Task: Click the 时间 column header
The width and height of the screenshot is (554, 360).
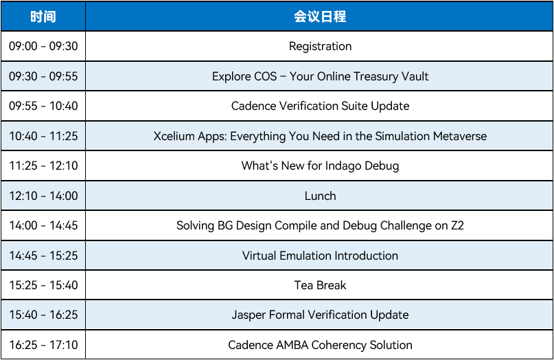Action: coord(43,16)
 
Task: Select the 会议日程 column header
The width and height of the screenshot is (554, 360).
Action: coord(320,16)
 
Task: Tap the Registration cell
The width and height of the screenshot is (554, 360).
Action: coord(320,46)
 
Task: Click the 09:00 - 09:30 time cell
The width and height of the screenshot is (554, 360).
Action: coord(43,46)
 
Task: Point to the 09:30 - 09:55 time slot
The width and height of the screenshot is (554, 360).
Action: coord(43,76)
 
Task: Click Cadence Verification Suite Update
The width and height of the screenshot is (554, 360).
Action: coord(320,106)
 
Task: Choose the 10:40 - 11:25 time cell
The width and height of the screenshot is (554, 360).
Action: coord(43,136)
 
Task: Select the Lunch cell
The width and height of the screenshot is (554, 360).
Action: coord(320,196)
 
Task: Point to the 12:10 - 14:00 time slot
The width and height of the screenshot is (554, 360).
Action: coord(43,196)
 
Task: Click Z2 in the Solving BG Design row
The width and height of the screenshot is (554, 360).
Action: coord(457,225)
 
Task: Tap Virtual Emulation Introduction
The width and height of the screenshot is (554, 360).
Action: coord(320,256)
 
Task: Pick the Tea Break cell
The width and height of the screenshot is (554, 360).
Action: coord(320,285)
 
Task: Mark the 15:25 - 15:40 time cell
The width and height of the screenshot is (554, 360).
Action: coord(43,285)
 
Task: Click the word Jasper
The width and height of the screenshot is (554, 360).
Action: coord(249,315)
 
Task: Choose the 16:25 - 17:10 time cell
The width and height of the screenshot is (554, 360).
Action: coord(43,345)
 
